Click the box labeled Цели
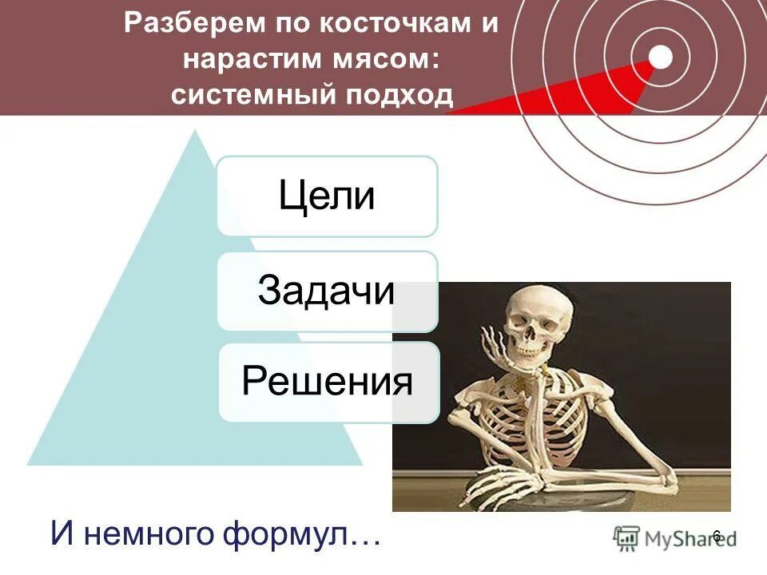[x=328, y=196]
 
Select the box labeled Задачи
[x=328, y=291]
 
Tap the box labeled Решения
[x=328, y=382]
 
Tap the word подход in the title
[x=399, y=96]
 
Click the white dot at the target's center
[x=661, y=56]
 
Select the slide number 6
[x=717, y=536]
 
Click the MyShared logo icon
[x=626, y=537]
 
